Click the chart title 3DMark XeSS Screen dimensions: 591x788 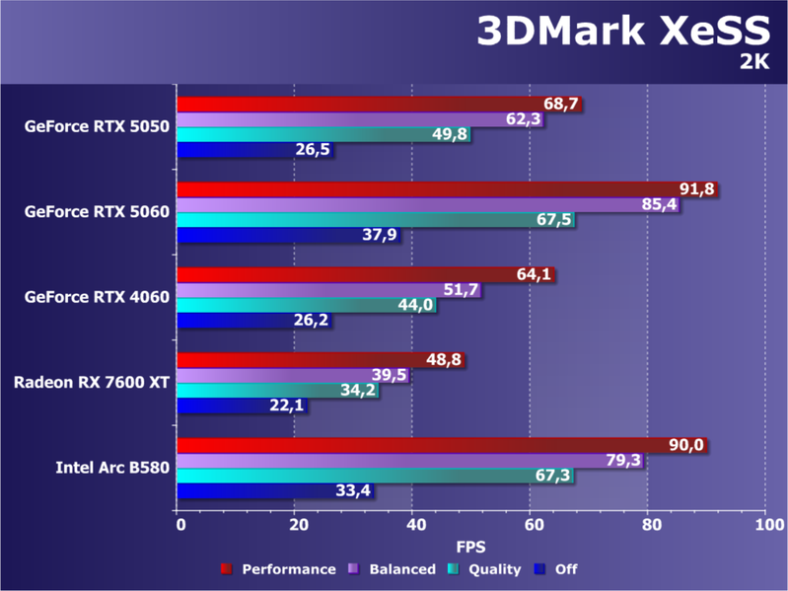(x=621, y=31)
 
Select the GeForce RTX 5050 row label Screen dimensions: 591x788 (x=97, y=126)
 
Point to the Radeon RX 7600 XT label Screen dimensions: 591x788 (x=91, y=382)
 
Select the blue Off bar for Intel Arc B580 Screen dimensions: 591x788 (x=266, y=490)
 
